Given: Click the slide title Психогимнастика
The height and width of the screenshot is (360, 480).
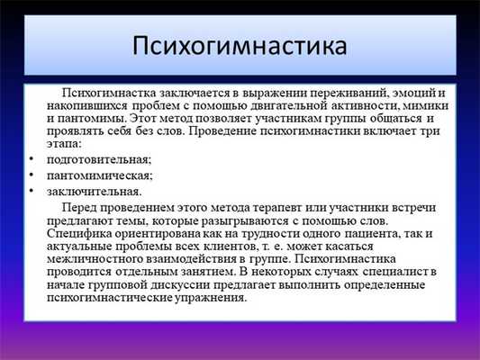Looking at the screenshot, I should (239, 44).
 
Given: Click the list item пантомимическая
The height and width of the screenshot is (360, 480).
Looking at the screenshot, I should (93, 175).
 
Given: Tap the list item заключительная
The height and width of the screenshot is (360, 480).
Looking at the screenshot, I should (86, 191).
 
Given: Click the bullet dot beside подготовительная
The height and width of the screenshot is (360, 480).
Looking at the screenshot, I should (31, 159).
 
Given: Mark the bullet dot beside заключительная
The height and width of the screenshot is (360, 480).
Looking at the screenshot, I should (31, 191).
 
